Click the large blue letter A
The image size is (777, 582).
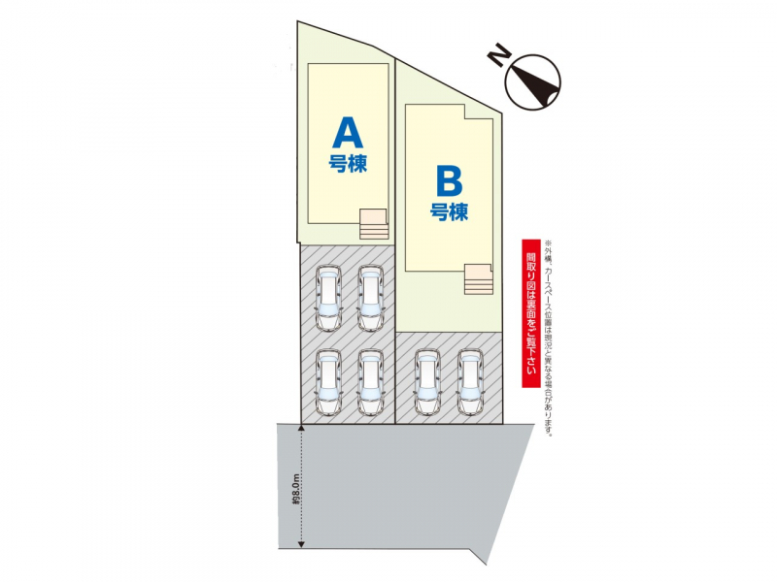[348, 132]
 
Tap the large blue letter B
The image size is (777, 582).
[450, 181]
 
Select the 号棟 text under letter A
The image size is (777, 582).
[348, 163]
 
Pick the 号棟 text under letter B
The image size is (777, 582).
[449, 211]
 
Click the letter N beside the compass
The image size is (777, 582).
[499, 54]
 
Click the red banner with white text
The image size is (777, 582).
[530, 313]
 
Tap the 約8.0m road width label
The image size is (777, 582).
[296, 489]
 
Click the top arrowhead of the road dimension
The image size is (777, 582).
[301, 427]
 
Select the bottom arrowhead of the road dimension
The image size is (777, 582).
[301, 544]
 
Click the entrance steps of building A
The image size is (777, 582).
[374, 224]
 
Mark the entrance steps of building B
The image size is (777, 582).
[478, 279]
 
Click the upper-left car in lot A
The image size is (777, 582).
[329, 299]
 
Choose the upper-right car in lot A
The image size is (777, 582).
[371, 299]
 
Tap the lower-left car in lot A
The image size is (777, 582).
[329, 382]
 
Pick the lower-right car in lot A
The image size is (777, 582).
[371, 382]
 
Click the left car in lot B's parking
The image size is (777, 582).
[427, 382]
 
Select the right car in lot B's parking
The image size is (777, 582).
[470, 382]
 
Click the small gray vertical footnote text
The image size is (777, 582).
[548, 338]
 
